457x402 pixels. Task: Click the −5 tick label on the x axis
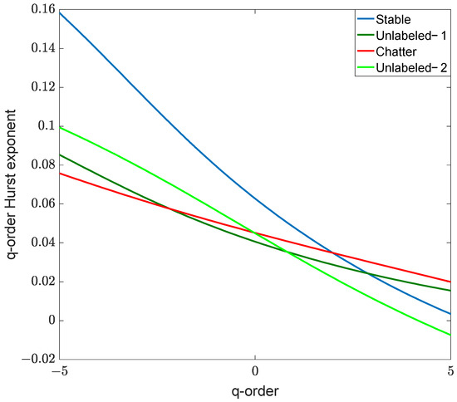pos(58,371)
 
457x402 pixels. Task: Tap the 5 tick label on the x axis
pos(450,371)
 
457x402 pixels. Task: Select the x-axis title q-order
pos(254,390)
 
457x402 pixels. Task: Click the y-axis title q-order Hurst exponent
pos(12,184)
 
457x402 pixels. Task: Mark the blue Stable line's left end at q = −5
pos(60,12)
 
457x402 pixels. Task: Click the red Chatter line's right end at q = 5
pos(450,282)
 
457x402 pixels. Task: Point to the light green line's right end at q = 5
pos(450,335)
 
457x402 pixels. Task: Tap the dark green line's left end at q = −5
pos(60,154)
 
